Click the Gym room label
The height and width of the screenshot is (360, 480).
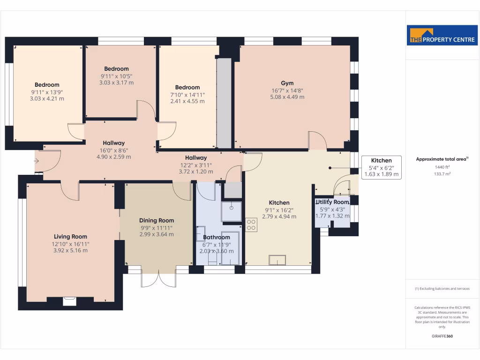pos(287,83)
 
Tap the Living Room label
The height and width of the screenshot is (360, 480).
pos(70,237)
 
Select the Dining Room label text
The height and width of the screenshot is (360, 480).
pos(157,220)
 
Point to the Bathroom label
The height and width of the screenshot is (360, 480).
pos(217,237)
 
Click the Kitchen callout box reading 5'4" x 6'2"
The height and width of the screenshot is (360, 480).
pos(382,167)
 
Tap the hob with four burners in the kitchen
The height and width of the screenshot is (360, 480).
pos(251,225)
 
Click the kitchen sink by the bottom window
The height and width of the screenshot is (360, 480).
pos(277,260)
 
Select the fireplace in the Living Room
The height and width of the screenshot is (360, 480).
pos(70,300)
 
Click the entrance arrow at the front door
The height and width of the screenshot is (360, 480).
pos(37,161)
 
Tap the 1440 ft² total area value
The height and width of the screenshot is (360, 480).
pos(442,167)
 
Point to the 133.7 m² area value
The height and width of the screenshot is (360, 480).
pos(442,173)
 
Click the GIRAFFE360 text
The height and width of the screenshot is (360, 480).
pos(442,336)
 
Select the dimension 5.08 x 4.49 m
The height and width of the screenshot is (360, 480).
pos(287,97)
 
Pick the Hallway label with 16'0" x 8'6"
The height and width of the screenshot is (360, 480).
pos(113,143)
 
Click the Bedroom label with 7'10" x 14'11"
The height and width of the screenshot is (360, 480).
pos(187,87)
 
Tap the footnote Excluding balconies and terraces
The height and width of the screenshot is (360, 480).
pos(442,289)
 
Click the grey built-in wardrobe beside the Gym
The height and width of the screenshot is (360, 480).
pos(224,103)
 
